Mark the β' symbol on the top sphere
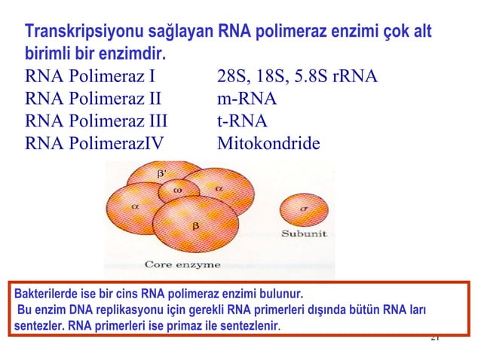(161, 173)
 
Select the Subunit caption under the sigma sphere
(304, 234)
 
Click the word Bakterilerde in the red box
(47, 293)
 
